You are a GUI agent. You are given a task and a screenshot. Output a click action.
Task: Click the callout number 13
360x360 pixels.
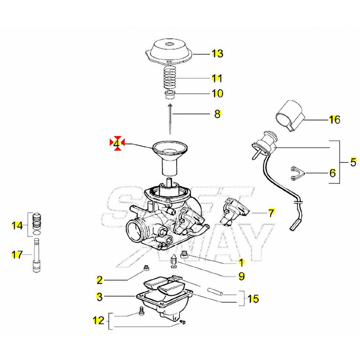click(217, 53)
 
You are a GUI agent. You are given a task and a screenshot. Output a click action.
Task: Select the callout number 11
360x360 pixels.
click(217, 78)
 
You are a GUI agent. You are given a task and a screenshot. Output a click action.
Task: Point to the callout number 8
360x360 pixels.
click(218, 114)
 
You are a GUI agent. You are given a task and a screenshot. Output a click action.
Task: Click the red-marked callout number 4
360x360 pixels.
click(117, 143)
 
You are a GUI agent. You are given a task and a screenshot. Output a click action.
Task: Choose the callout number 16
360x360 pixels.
click(334, 120)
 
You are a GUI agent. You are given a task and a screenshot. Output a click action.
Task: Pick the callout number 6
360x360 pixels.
click(333, 172)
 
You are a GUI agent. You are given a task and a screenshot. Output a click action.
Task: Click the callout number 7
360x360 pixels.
click(271, 213)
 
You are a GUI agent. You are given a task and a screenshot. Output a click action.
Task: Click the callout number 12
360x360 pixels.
click(99, 320)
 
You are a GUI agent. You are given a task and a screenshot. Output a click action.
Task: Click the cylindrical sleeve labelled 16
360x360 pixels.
click(289, 116)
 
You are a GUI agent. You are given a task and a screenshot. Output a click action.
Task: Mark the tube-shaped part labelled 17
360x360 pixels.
click(36, 255)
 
